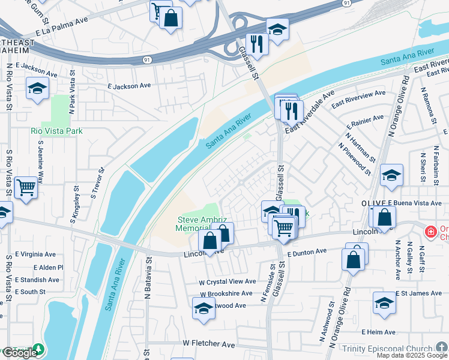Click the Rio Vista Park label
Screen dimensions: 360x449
click(57, 131)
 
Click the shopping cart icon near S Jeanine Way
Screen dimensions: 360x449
click(26, 188)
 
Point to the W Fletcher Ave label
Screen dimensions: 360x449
click(208, 344)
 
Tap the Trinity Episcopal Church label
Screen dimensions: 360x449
click(387, 349)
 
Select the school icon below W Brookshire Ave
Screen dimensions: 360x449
click(204, 309)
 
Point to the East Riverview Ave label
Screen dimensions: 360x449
click(358, 98)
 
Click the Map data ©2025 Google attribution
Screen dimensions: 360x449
click(412, 355)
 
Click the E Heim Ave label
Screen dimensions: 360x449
click(378, 332)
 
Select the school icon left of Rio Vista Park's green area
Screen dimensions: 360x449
click(37, 89)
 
